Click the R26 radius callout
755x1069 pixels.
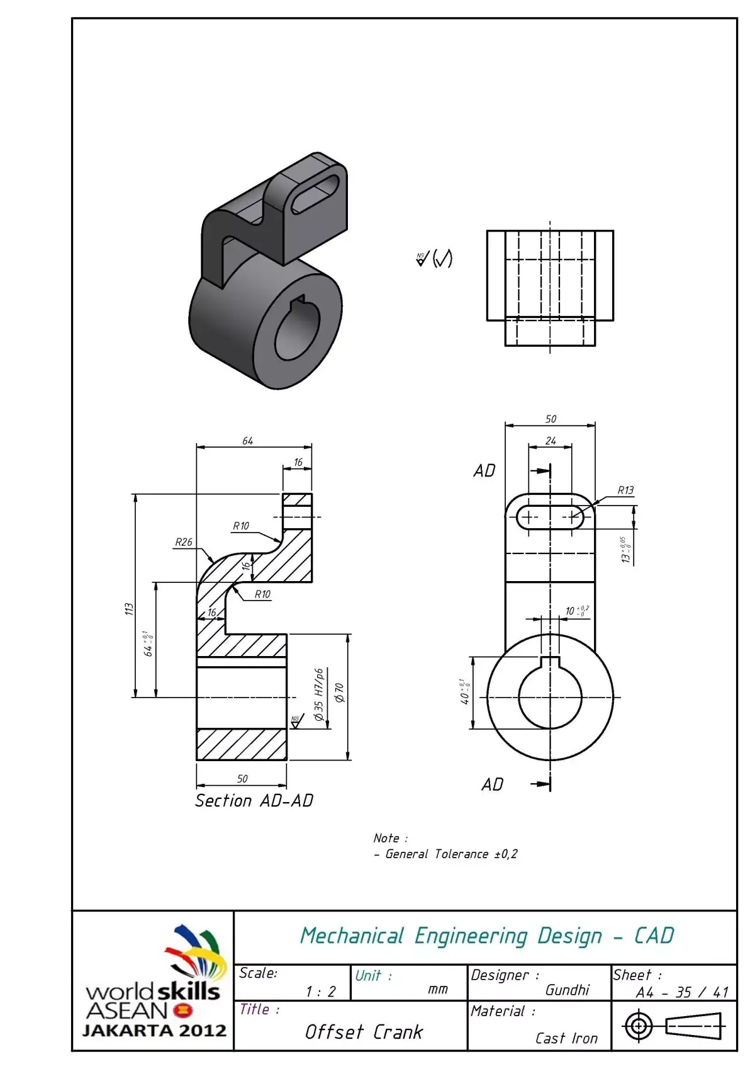183,542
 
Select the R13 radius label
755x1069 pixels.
625,490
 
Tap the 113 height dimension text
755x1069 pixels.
129,609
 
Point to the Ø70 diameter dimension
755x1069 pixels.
340,693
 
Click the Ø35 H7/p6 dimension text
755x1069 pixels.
319,694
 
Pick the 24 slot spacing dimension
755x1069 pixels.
551,441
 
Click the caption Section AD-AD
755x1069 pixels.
254,801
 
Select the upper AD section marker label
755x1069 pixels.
484,470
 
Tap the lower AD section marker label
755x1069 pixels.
493,784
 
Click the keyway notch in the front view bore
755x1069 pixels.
551,662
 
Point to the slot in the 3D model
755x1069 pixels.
316,193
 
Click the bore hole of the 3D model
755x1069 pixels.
297,328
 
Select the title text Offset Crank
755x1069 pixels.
364,1032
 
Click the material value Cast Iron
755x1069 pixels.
566,1038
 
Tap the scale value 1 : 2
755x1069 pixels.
320,992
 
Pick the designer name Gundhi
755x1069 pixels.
567,990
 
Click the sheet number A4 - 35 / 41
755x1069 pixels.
682,992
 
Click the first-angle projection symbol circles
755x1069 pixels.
638,1026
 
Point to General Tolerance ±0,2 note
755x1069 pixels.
451,854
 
